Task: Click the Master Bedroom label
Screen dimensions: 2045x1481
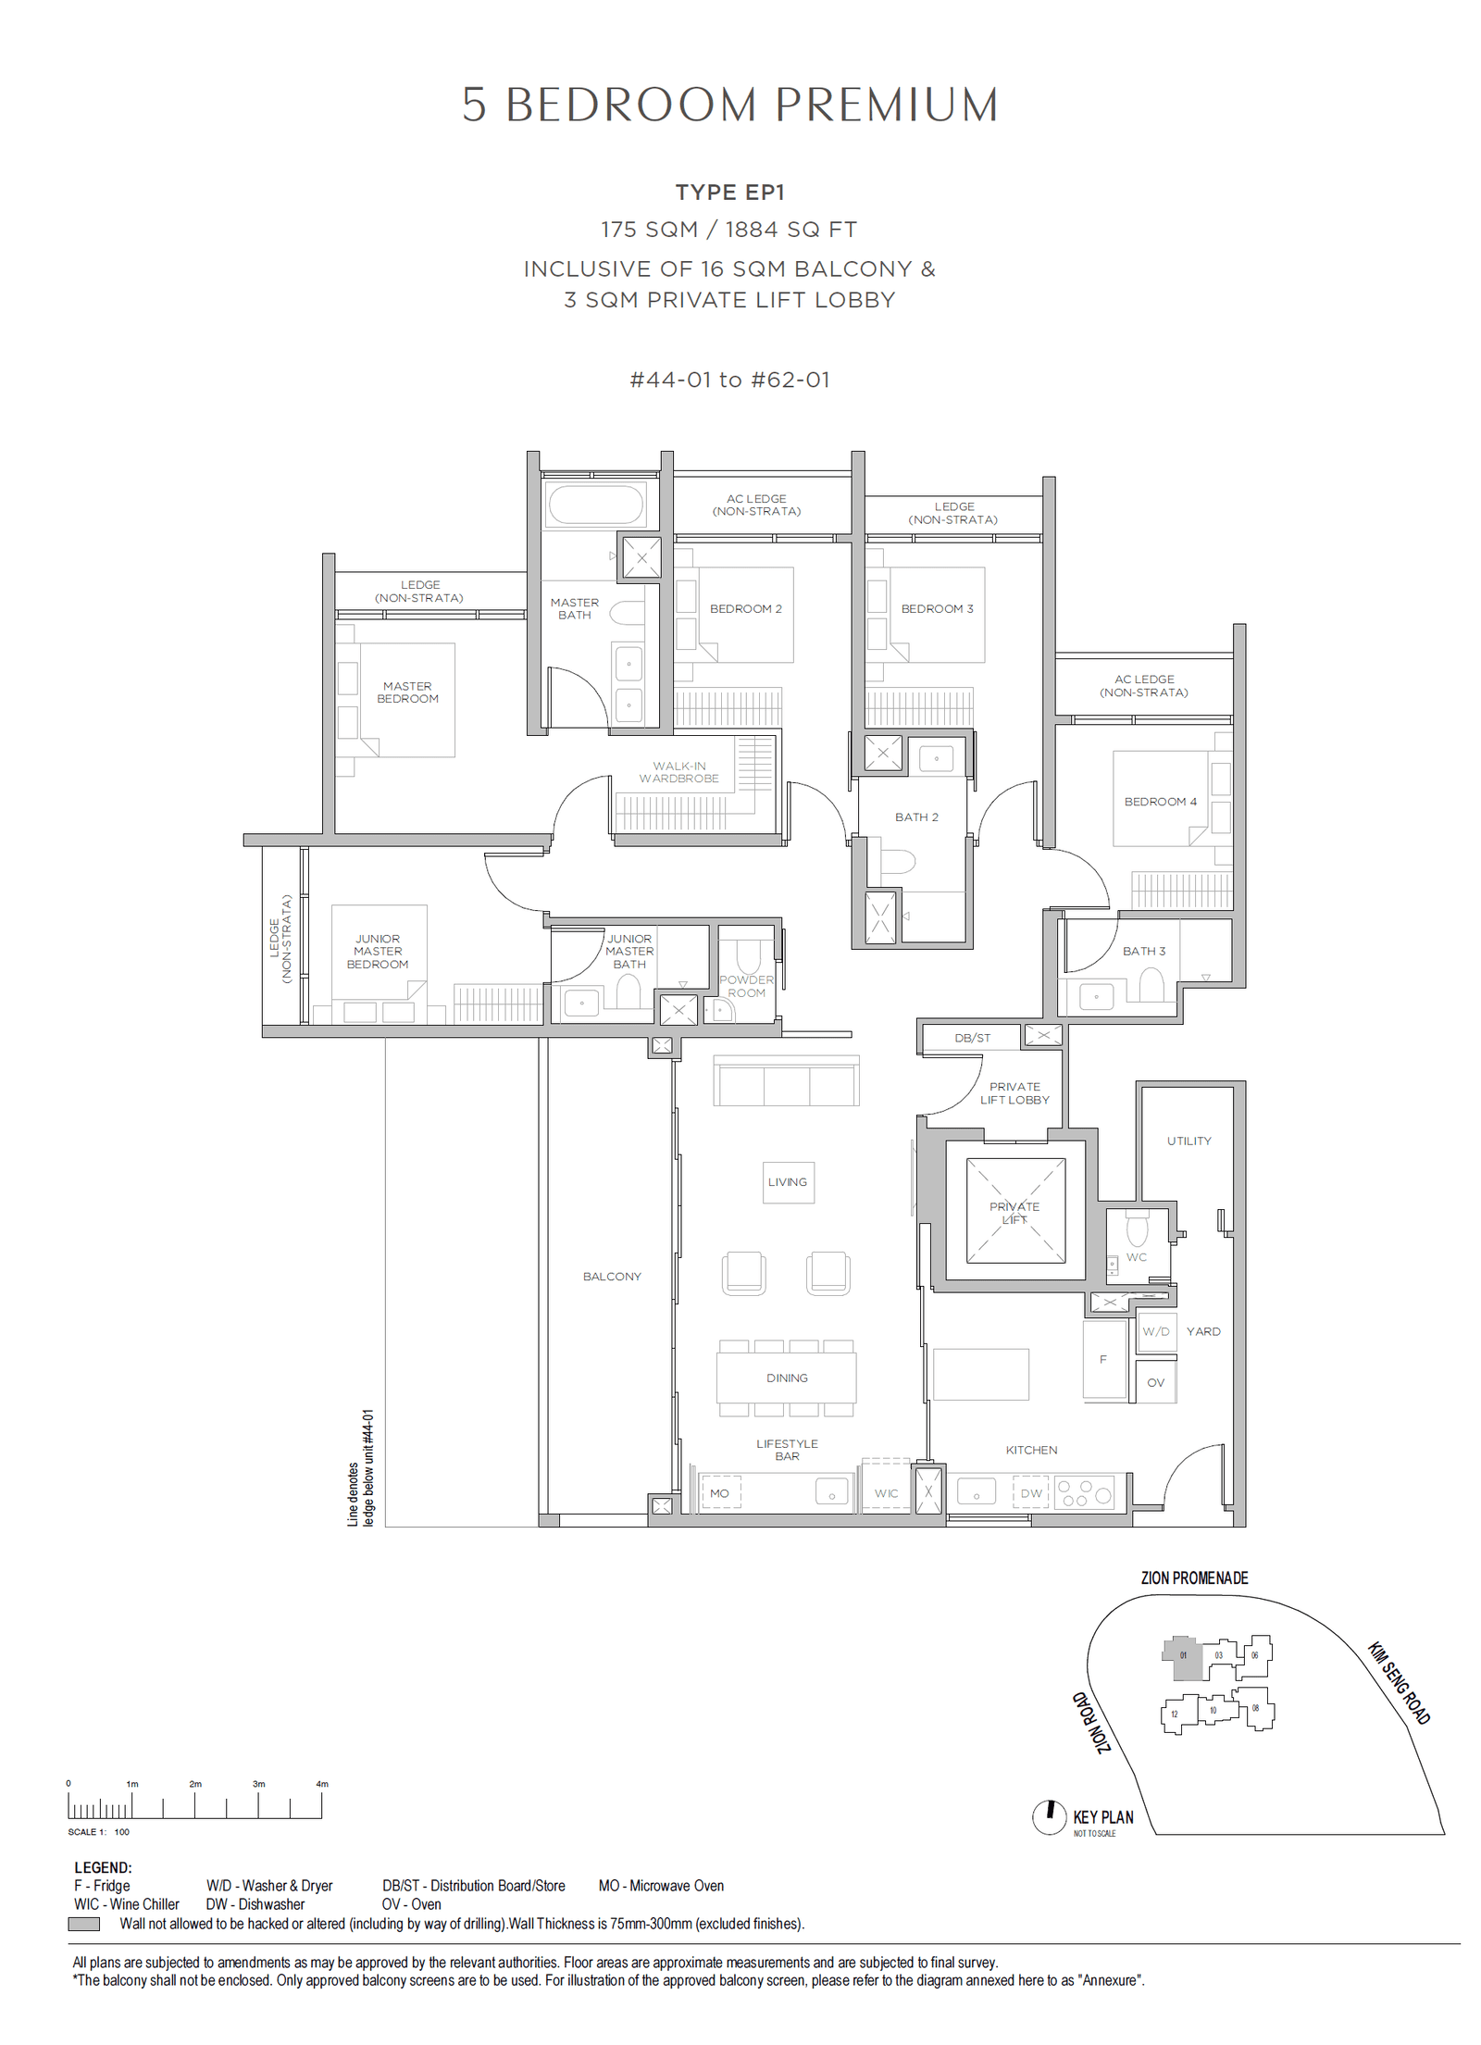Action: click(x=407, y=692)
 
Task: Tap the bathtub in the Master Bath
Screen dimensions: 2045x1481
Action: click(x=595, y=505)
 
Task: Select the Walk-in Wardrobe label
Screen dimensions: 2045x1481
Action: click(x=678, y=772)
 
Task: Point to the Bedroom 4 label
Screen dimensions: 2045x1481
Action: click(x=1160, y=802)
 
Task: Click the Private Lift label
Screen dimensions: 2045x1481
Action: click(x=1014, y=1212)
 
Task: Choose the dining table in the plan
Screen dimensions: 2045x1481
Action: click(x=786, y=1378)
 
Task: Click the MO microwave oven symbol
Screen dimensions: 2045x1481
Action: click(x=720, y=1493)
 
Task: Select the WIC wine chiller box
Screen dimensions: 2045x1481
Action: click(x=886, y=1493)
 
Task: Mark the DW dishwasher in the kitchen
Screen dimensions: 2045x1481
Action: click(x=1031, y=1493)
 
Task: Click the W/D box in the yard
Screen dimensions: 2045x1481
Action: click(x=1155, y=1331)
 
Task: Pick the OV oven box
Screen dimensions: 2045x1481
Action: click(x=1155, y=1382)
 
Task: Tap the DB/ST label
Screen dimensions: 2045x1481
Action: click(x=972, y=1038)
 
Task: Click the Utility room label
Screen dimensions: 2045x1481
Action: click(x=1189, y=1141)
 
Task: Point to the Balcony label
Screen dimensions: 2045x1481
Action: click(x=612, y=1276)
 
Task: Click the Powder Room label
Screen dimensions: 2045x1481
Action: click(x=746, y=986)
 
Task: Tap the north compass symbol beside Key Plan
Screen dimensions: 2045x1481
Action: click(x=1049, y=1816)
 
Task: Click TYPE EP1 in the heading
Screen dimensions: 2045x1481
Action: click(x=729, y=193)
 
